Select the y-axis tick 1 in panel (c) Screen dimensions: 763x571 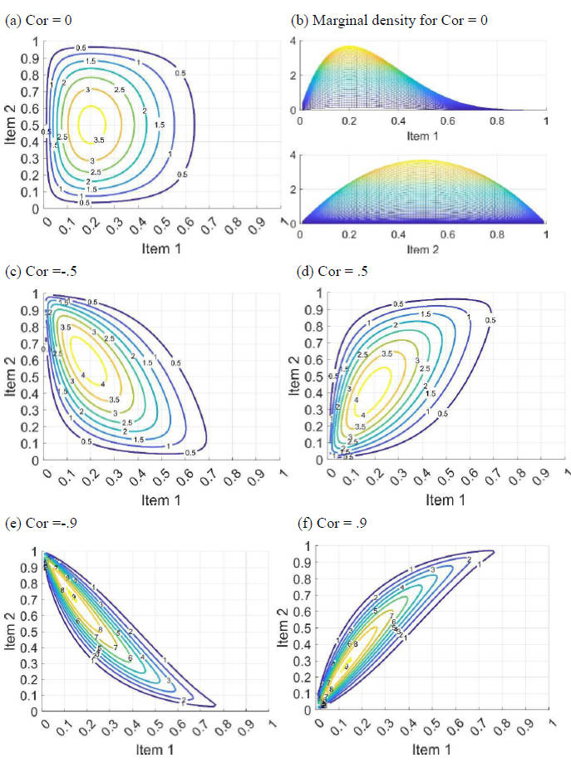(x=37, y=293)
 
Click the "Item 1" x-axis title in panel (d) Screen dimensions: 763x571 (x=441, y=500)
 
